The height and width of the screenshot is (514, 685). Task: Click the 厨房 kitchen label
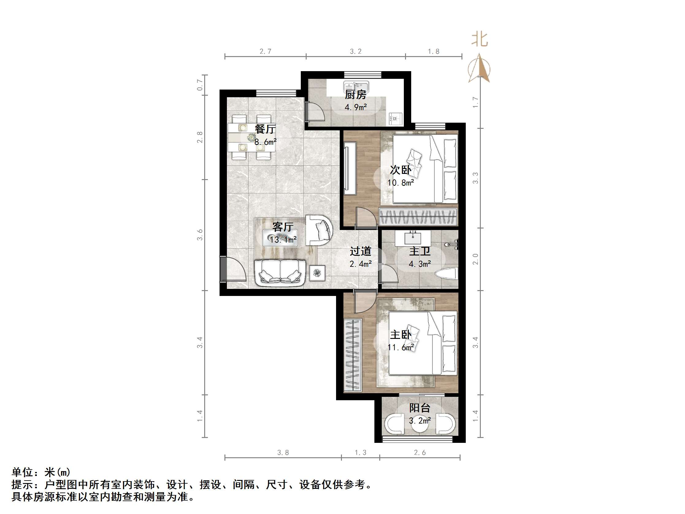coord(355,94)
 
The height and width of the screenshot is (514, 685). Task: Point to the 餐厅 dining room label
coord(265,129)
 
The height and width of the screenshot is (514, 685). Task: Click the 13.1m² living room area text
coord(283,240)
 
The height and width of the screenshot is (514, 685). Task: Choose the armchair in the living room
coord(319,231)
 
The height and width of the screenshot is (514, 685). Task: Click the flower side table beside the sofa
coord(317,273)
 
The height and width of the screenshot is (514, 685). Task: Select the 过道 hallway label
coord(360,251)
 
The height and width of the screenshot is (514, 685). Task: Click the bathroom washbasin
coord(413,238)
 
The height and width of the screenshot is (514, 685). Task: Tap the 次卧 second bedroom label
coord(400,170)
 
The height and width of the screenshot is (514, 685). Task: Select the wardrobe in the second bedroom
coord(418,216)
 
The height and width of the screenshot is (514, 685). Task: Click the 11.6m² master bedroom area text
coord(401,347)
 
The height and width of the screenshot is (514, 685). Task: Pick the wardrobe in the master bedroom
coord(352,354)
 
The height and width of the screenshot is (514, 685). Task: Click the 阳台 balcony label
coord(419,408)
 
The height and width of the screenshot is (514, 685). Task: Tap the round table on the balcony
coord(420,425)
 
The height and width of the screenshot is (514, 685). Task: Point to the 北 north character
coord(479,39)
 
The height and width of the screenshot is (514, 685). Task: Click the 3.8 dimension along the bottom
coord(283,453)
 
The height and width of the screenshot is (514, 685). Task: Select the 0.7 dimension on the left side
coord(200,85)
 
